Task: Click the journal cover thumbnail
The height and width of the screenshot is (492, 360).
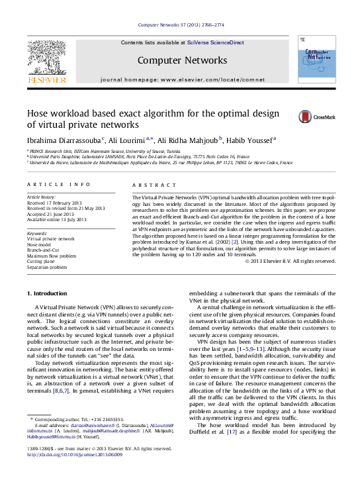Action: [x=316, y=60]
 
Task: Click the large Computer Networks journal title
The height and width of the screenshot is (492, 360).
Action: [x=182, y=61]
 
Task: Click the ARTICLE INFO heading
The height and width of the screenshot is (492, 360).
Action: [x=59, y=184]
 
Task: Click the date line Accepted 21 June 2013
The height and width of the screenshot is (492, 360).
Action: [x=58, y=214]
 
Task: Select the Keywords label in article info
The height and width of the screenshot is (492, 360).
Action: [x=37, y=233]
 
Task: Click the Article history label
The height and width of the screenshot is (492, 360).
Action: [x=42, y=197]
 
